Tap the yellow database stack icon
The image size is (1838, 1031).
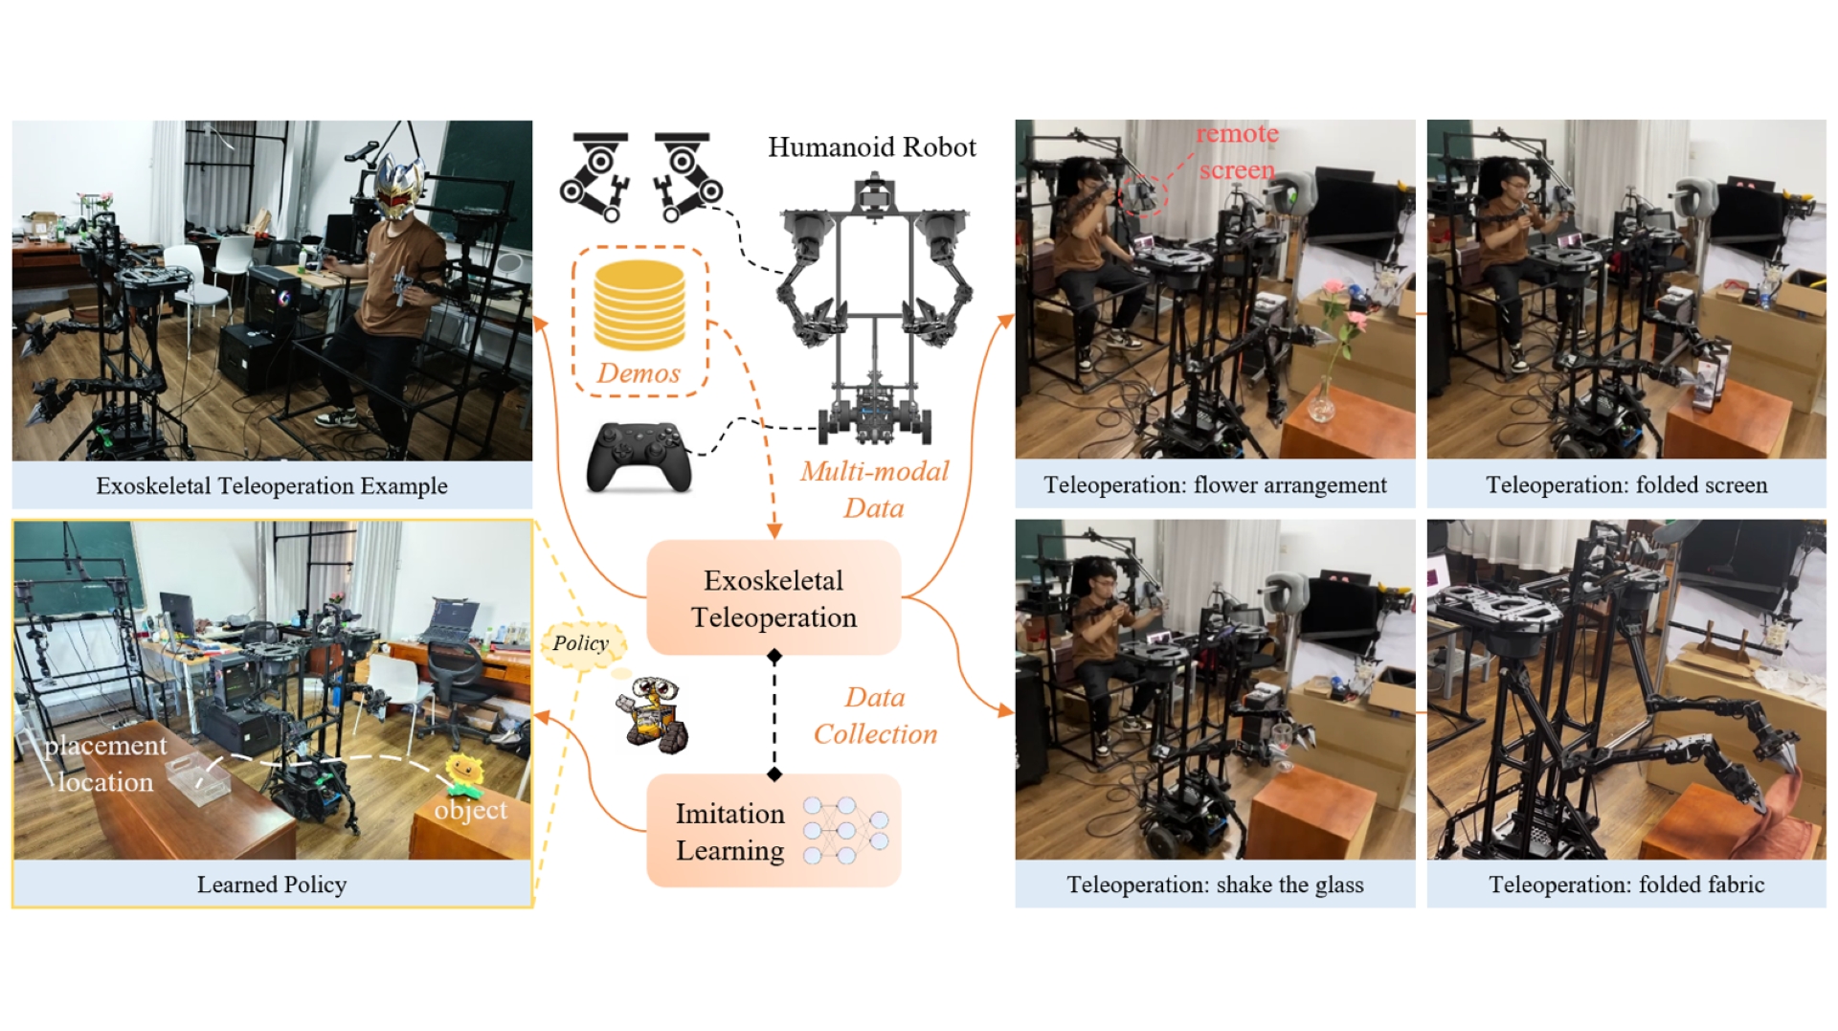(639, 305)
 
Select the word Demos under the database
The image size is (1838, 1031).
(639, 372)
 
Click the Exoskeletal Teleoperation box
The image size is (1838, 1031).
(773, 598)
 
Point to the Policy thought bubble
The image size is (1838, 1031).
(580, 643)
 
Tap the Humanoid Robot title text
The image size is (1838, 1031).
(871, 146)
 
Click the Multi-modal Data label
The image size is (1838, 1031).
(874, 489)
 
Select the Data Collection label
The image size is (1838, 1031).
(875, 715)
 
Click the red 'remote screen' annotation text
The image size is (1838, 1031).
(1237, 151)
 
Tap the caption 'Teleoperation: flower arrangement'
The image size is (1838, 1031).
(1215, 485)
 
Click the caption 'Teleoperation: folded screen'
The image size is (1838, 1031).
(1626, 485)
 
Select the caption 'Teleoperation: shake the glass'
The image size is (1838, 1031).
(1215, 885)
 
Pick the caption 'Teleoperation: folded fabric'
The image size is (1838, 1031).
(1626, 885)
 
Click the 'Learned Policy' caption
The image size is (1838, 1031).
(272, 885)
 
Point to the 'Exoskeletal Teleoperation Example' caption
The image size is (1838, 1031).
(272, 485)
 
